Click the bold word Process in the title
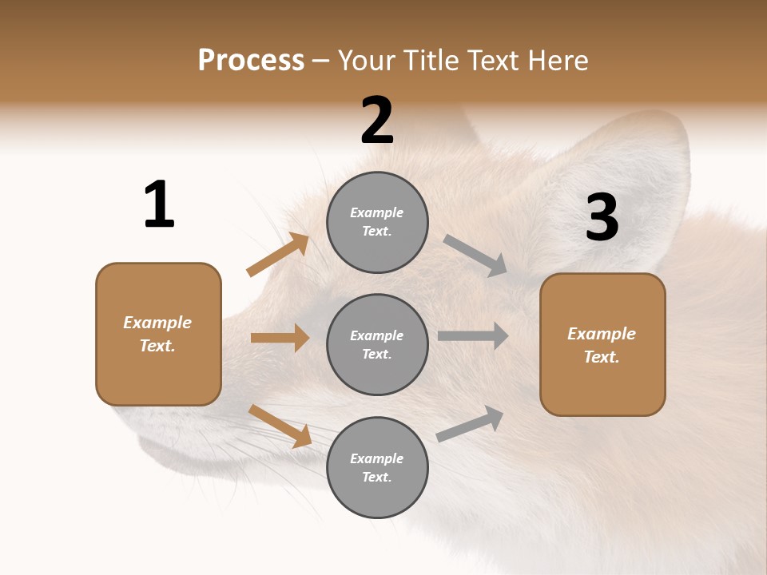[x=251, y=61]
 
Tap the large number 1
[x=159, y=204]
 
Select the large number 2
[x=377, y=121]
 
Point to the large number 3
[x=602, y=217]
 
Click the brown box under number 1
[x=158, y=334]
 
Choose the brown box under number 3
[x=602, y=344]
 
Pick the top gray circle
[x=377, y=222]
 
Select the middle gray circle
[x=377, y=344]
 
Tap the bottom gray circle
[x=377, y=467]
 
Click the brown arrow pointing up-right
[x=278, y=256]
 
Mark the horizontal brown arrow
[x=280, y=338]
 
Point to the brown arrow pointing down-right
[x=280, y=426]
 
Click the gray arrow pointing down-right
[x=475, y=256]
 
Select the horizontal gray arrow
[x=473, y=336]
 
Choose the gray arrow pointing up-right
[x=470, y=424]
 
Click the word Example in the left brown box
[x=157, y=323]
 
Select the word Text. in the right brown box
[x=602, y=357]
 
